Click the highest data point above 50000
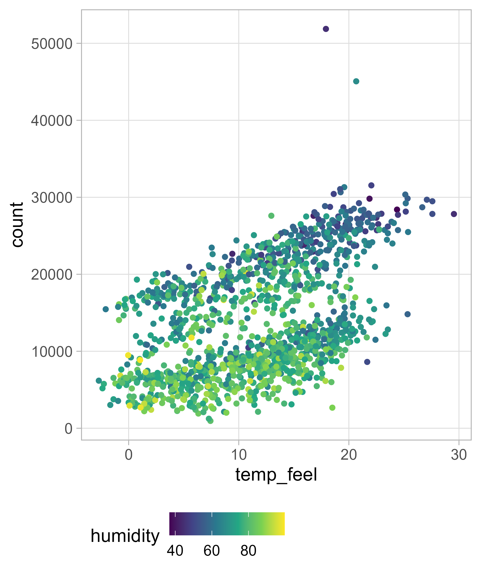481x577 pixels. [x=326, y=29]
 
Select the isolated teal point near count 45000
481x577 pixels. [x=356, y=81]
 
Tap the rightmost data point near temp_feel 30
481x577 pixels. [x=454, y=214]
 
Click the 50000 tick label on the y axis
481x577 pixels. [x=52, y=44]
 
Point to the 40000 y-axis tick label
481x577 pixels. [x=52, y=121]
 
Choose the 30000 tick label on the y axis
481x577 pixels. [x=52, y=198]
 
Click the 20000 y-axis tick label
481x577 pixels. [x=52, y=275]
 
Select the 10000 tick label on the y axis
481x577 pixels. [x=52, y=352]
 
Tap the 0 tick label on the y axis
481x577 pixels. [x=69, y=429]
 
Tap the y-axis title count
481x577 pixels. [x=17, y=225]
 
